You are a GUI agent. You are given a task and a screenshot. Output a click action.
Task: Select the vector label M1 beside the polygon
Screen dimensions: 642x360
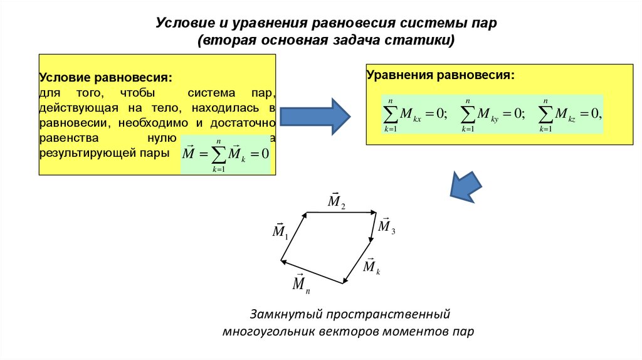tap(280, 231)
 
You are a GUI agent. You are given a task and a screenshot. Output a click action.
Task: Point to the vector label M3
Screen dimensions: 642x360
tap(386, 226)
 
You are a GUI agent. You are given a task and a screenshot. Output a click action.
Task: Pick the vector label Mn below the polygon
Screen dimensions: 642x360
tap(301, 283)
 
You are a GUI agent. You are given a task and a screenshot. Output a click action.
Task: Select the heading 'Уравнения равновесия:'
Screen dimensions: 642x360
tap(440, 75)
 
